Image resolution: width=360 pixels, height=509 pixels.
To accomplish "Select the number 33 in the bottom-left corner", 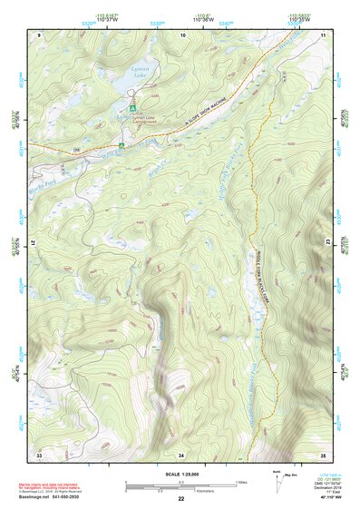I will click(x=39, y=454).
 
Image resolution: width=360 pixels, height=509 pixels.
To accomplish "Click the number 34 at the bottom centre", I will click(x=181, y=454).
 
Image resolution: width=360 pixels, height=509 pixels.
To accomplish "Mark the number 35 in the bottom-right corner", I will click(x=324, y=454).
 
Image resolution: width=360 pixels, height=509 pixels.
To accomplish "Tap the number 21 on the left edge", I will click(x=33, y=243).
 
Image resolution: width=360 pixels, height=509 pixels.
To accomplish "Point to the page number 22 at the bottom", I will click(x=181, y=499).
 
